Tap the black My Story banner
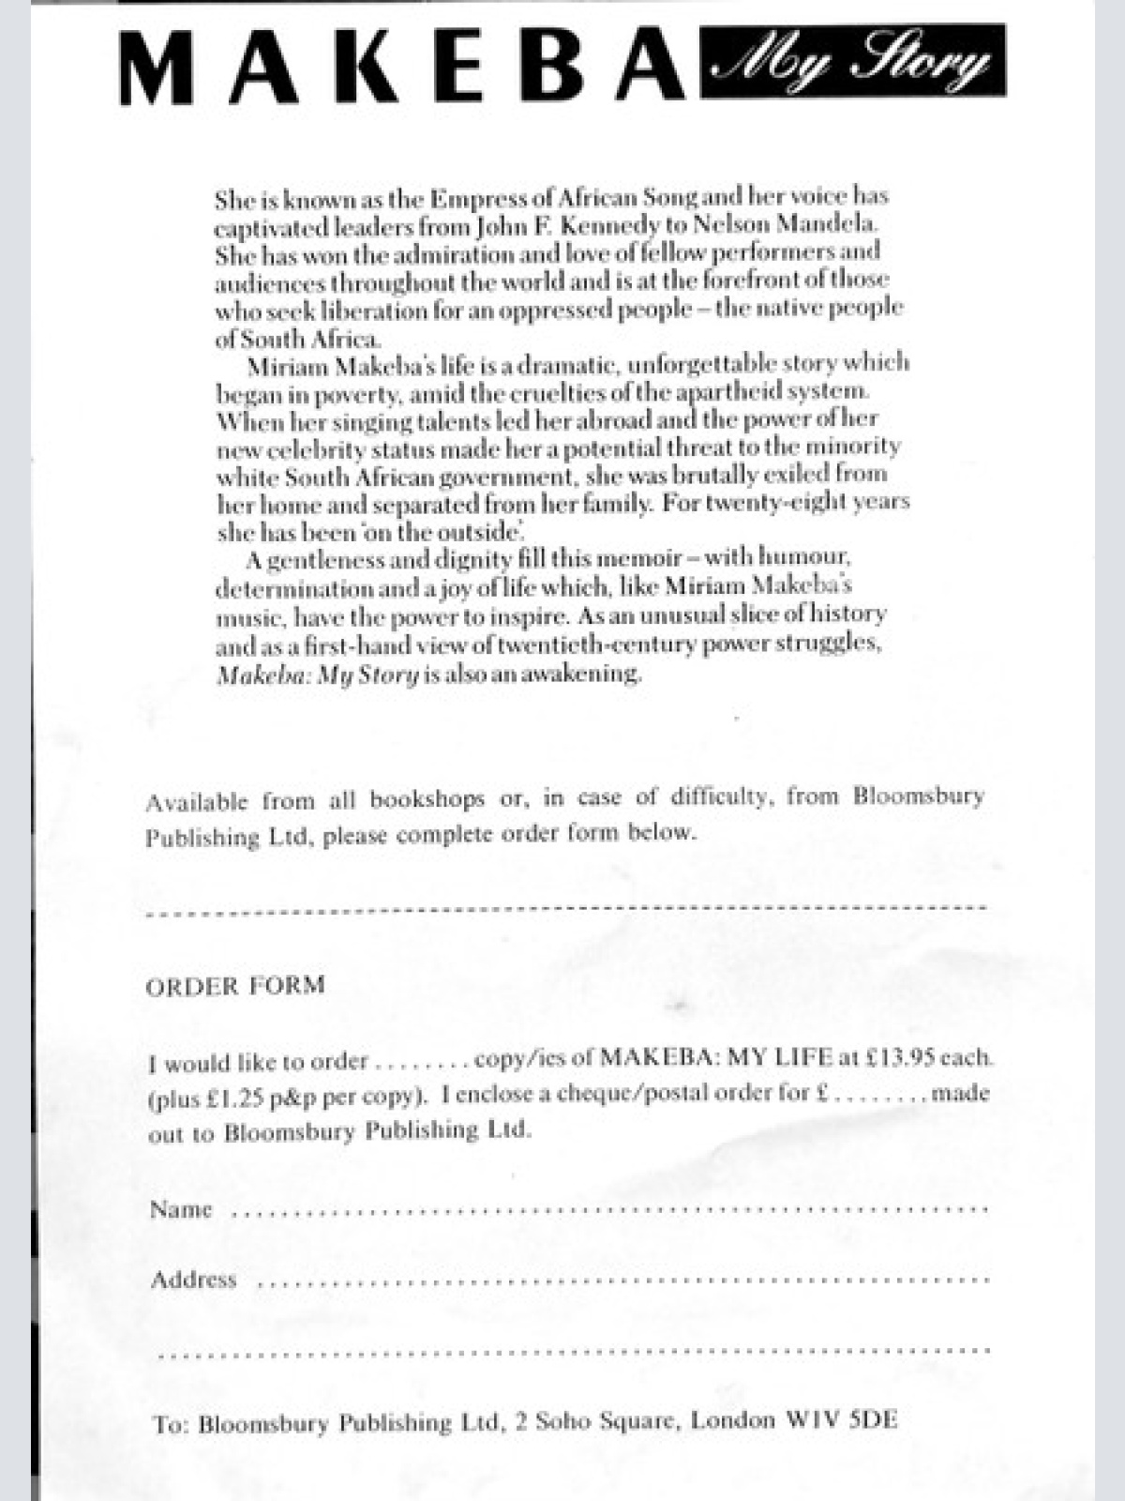click(x=852, y=61)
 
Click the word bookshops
click(x=427, y=800)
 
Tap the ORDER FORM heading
click(x=235, y=985)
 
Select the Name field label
click(x=181, y=1209)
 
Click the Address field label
click(x=193, y=1280)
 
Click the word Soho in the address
click(x=565, y=1421)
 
